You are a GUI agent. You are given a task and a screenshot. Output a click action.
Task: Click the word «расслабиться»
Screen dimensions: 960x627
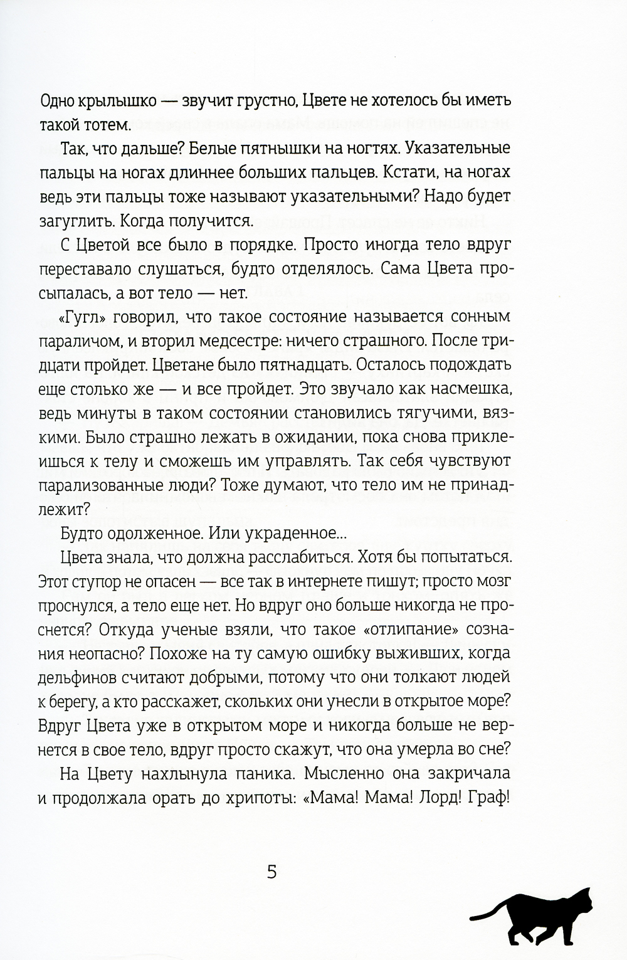pyautogui.click(x=310, y=556)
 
